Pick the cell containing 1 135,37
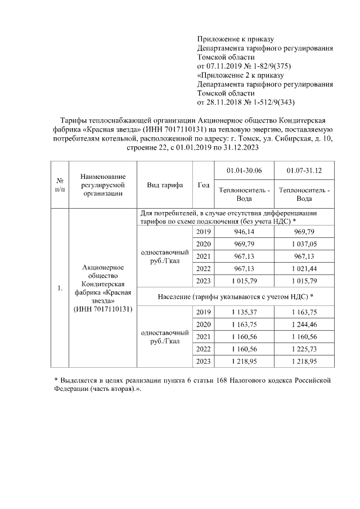tap(244, 312)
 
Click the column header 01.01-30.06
tap(244, 170)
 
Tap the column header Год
tap(204, 185)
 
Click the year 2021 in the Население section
tap(204, 336)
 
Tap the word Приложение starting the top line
tap(219, 39)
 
